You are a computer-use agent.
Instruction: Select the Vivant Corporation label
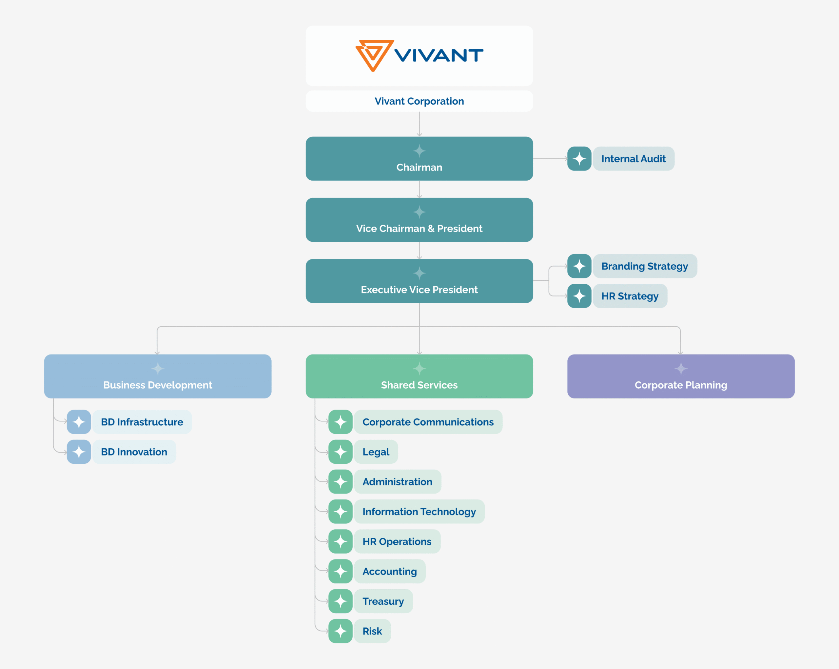click(419, 101)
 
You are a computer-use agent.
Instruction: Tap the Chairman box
click(419, 159)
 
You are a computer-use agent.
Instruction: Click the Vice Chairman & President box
click(419, 220)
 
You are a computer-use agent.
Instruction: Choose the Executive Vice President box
click(419, 281)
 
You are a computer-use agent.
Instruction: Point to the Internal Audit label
click(633, 159)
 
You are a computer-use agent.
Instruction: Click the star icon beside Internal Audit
click(579, 159)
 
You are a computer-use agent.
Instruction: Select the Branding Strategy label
click(644, 266)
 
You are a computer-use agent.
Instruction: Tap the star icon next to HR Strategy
click(579, 296)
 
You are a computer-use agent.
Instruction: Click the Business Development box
click(158, 376)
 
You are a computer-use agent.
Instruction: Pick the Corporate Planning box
click(681, 376)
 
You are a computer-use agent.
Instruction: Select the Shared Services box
click(419, 376)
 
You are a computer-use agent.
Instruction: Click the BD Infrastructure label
click(142, 422)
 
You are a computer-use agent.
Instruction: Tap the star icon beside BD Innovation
click(79, 452)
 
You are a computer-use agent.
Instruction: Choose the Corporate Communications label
click(428, 422)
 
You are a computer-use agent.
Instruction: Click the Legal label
click(376, 452)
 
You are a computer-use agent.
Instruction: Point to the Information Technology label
click(419, 512)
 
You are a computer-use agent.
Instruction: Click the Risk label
click(372, 631)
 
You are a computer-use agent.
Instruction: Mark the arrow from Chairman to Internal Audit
click(550, 159)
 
